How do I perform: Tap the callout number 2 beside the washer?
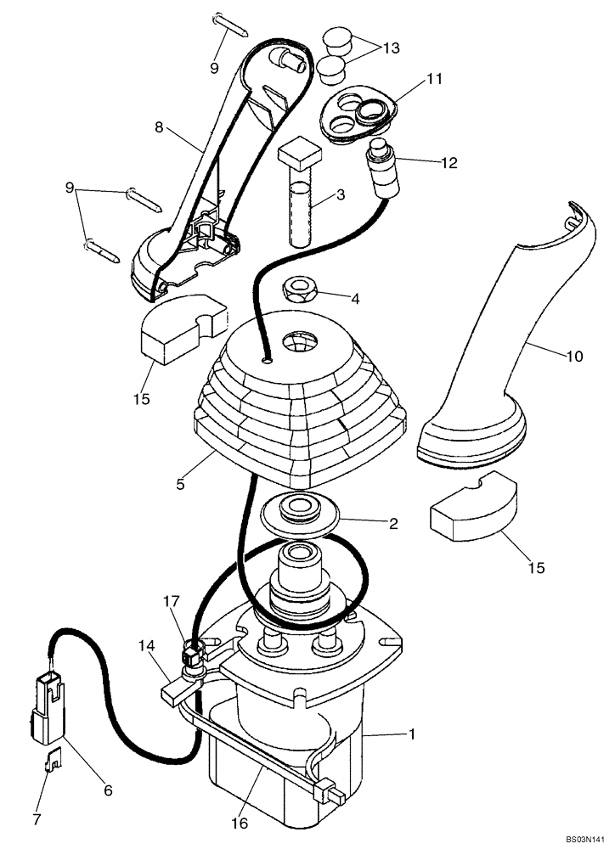(x=392, y=524)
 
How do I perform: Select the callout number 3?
(x=340, y=195)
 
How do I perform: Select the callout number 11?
(x=435, y=80)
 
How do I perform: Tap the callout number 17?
(x=171, y=602)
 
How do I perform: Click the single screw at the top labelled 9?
(x=230, y=23)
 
